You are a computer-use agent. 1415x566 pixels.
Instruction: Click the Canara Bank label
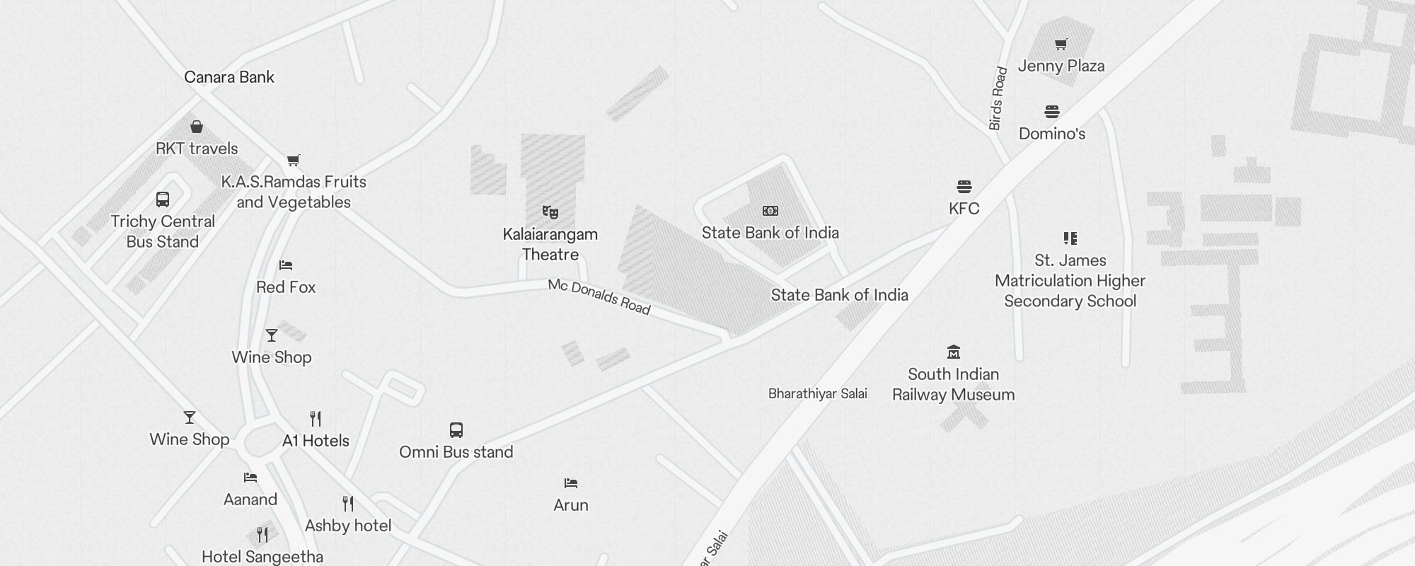[x=229, y=77]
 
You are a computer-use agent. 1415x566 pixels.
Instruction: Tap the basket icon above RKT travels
[x=197, y=127]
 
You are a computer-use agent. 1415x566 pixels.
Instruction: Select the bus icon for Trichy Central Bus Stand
[x=163, y=200]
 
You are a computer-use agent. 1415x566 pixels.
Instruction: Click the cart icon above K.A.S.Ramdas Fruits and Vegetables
[x=294, y=160]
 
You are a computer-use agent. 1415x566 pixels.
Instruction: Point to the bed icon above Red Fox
[x=286, y=265]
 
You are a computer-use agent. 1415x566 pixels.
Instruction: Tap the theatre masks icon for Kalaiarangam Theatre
[x=550, y=212]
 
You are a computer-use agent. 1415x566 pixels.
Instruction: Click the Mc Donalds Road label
[x=599, y=296]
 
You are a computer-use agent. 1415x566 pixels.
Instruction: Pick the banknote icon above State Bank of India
[x=770, y=211]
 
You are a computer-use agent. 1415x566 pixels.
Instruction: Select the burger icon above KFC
[x=964, y=187]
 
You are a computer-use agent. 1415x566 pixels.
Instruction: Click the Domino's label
[x=1052, y=134]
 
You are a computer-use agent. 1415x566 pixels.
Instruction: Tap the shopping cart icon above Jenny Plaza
[x=1061, y=45]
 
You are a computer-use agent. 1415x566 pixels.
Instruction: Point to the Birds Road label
[x=998, y=98]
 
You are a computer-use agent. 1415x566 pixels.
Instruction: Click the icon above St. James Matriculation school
[x=1070, y=238]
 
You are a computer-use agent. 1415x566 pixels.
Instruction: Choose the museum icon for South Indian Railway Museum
[x=954, y=352]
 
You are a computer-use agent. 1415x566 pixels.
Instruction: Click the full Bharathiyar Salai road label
[x=818, y=393]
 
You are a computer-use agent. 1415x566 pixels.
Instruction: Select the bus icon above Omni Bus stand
[x=456, y=430]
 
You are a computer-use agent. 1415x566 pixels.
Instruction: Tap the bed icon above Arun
[x=571, y=483]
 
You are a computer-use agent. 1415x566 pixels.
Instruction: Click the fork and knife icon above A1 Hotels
[x=316, y=419]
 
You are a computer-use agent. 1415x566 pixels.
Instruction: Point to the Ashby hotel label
[x=348, y=526]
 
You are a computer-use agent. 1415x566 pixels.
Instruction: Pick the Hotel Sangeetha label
[x=262, y=557]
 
